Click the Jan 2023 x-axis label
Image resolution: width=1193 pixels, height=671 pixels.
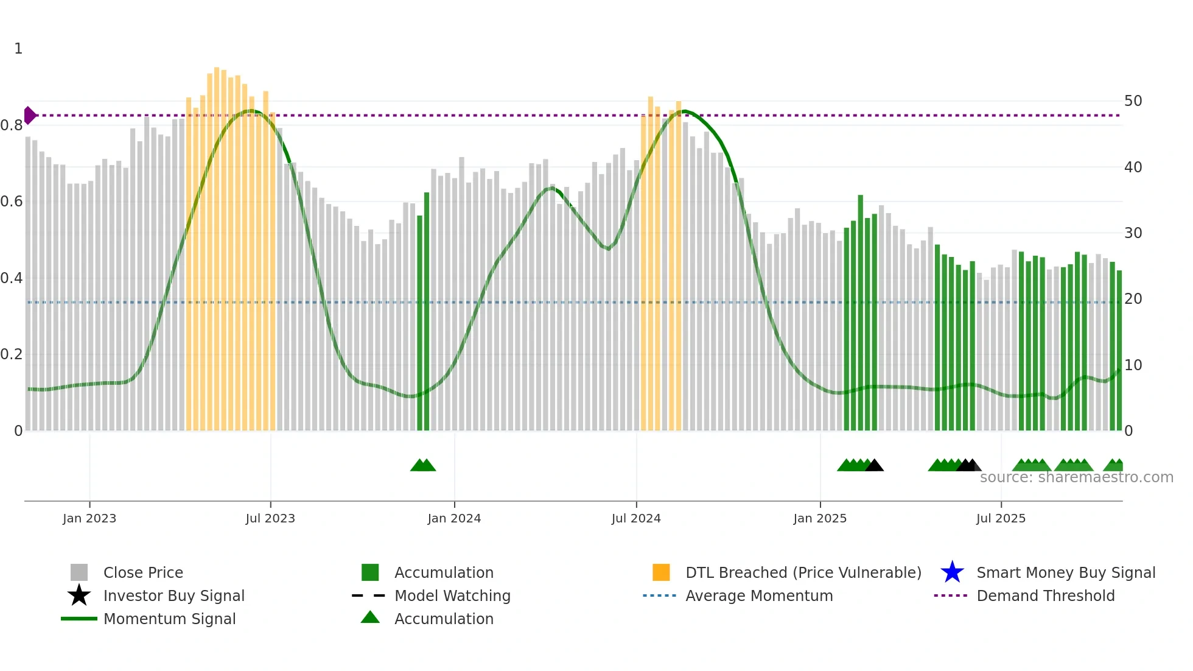pos(89,518)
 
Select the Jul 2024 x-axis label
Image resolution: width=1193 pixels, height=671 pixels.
pos(636,518)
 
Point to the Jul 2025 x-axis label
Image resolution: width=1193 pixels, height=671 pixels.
pos(1001,518)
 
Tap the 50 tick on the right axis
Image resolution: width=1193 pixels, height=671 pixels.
pos(1133,101)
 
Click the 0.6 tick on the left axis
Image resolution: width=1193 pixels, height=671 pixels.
pos(11,202)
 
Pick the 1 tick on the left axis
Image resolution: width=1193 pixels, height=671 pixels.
pos(18,49)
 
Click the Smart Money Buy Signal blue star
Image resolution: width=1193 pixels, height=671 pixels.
pos(952,572)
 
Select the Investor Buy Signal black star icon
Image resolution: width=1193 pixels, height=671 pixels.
pos(79,595)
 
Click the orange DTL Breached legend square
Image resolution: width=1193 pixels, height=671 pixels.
pos(661,572)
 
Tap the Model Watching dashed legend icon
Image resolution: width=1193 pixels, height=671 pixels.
pos(369,595)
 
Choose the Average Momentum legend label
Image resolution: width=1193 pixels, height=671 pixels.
pos(759,595)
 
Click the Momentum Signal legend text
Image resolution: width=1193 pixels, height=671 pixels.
pos(169,619)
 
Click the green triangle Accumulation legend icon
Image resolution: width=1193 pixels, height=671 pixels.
pos(370,617)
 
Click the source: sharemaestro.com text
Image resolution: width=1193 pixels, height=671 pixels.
pos(1076,477)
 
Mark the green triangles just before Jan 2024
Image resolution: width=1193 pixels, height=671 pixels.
pos(423,465)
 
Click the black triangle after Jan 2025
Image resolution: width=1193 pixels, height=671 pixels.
pos(874,466)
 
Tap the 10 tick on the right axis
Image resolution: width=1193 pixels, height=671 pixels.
pos(1133,365)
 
